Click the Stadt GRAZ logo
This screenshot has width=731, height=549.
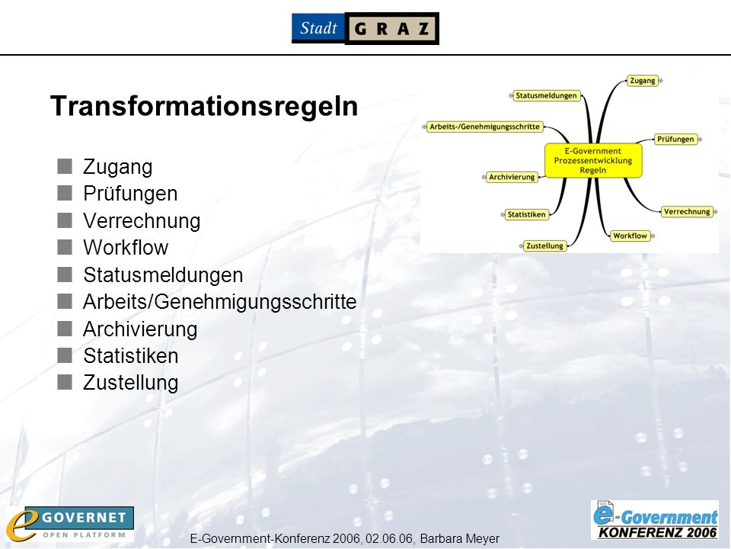pos(365,28)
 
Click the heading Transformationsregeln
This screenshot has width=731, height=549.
pos(204,106)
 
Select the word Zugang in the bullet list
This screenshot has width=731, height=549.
pos(117,168)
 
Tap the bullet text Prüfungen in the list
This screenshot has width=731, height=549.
pos(130,194)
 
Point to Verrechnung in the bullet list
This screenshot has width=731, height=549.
pos(142,221)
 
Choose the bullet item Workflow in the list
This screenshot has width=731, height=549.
pos(126,247)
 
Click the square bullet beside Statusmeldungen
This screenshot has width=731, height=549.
pos(65,274)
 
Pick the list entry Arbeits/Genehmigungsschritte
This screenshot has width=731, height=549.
pos(219,302)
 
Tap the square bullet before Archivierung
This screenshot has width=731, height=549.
pos(65,329)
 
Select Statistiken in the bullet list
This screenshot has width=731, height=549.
pos(130,356)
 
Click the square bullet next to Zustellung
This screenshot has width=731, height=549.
pos(65,382)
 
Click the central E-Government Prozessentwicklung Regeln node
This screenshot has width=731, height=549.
pos(593,161)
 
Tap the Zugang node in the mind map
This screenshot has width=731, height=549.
pos(643,81)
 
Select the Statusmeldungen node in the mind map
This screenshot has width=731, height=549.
pos(546,96)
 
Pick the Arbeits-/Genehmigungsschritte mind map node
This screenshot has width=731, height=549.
pos(484,127)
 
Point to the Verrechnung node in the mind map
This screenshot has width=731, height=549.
pos(687,211)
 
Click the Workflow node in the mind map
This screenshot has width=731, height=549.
pos(630,236)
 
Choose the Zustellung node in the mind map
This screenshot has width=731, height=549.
pos(544,246)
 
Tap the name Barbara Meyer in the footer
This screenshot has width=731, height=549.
pos(460,539)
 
